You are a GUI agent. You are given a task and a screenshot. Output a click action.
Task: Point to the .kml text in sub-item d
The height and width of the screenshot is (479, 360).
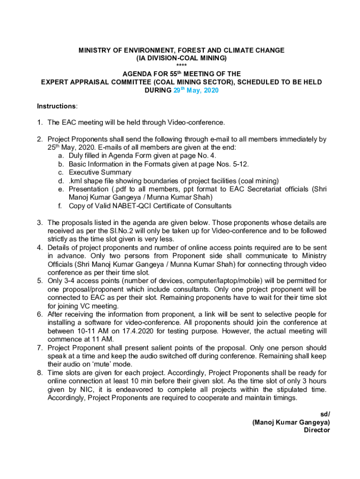pyautogui.click(x=75, y=181)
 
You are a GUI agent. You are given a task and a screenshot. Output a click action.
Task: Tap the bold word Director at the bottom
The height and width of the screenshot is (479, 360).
pyautogui.click(x=317, y=430)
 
